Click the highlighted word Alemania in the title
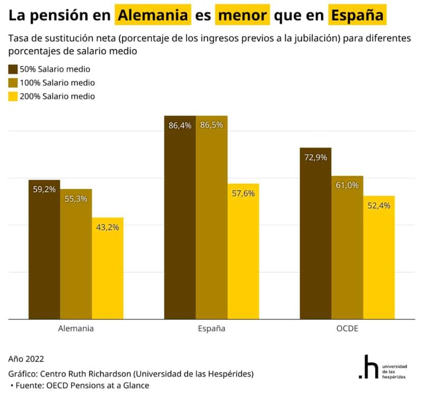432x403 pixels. (153, 15)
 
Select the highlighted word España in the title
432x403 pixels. (356, 15)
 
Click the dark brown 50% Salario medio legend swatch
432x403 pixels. (13, 70)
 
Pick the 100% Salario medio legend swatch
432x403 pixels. (13, 83)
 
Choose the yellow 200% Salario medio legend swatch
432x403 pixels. (13, 96)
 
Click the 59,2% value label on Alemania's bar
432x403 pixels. (44, 189)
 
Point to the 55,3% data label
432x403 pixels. (76, 199)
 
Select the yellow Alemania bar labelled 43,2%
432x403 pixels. (107, 269)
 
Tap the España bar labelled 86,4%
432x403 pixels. (180, 221)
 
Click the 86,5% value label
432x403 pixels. (211, 125)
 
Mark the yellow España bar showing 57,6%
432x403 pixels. (243, 253)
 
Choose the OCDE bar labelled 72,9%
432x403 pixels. (315, 237)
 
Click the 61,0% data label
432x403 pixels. (347, 185)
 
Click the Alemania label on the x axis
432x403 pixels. (76, 329)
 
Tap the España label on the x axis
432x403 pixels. (211, 329)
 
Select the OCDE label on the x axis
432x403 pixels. (347, 329)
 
